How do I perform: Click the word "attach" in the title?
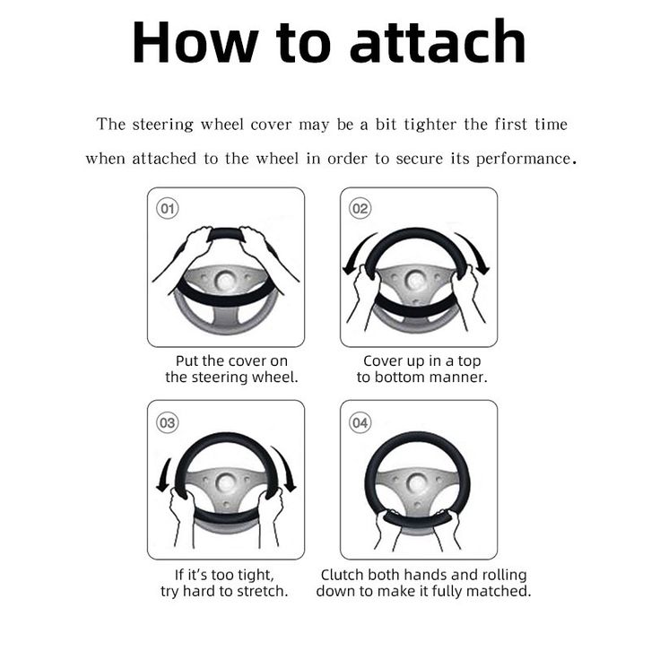[x=438, y=41]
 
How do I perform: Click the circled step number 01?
[x=168, y=208]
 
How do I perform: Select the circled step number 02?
[x=360, y=208]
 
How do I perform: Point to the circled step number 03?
[x=168, y=422]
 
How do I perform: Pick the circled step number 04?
[x=360, y=422]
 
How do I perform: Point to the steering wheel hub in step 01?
[x=225, y=281]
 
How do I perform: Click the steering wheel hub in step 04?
[x=416, y=483]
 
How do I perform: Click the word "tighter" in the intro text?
[x=430, y=125]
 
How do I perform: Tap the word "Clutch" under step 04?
[x=343, y=575]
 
